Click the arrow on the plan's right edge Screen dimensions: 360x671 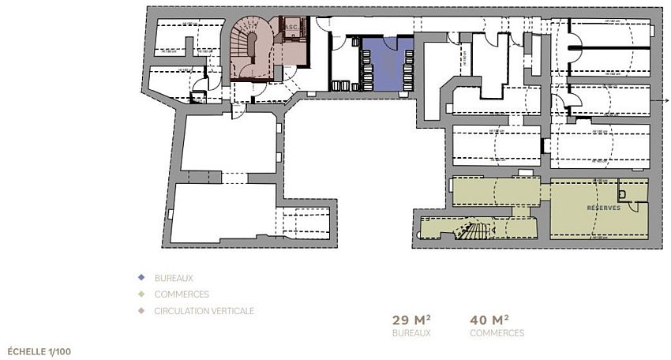[x=665, y=102]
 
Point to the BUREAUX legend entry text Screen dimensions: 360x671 [x=174, y=278]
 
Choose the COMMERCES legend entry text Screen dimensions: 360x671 [x=182, y=294]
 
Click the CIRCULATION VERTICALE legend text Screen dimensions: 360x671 [x=204, y=311]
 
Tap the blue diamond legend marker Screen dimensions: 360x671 [x=141, y=278]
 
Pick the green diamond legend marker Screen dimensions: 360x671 [x=141, y=294]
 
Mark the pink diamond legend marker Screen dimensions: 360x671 [x=141, y=311]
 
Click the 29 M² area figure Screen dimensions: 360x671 [x=411, y=320]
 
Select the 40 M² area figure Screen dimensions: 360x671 [x=489, y=320]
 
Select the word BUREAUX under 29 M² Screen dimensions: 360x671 [x=411, y=333]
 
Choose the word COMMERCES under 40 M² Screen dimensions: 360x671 [x=497, y=333]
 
